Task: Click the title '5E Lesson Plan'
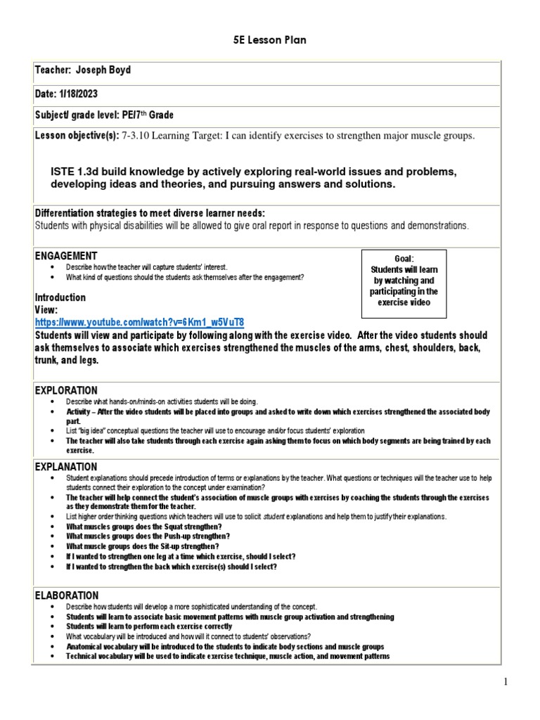coord(270,40)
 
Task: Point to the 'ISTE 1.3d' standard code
coord(77,172)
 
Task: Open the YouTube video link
coord(140,322)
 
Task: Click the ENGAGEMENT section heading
coord(67,256)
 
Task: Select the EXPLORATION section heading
coord(67,390)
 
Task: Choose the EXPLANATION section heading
coord(67,466)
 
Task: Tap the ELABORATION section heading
coord(67,596)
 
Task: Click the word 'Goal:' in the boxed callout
coord(404,259)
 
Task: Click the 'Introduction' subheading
coord(60,297)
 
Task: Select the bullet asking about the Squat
coord(144,527)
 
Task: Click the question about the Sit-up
coord(143,546)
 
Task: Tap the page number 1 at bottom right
coord(525,681)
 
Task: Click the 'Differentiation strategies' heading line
coord(149,213)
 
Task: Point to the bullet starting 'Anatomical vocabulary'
coord(225,646)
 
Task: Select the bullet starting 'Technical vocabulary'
coord(228,656)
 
